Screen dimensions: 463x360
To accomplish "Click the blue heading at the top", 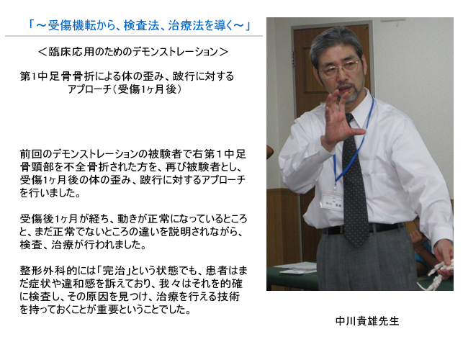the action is pos(139,26).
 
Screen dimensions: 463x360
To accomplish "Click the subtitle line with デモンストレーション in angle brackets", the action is pos(133,52).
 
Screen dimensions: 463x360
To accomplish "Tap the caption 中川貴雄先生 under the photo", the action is pos(367,321).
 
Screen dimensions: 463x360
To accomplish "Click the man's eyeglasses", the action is pos(340,69).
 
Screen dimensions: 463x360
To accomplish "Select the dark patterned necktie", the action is pos(355,183).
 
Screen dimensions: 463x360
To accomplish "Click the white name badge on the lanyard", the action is pos(332,202).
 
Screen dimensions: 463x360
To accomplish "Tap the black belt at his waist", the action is pos(363,228).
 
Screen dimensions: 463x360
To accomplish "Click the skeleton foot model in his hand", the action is pos(437,273).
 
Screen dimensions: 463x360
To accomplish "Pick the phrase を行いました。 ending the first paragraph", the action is pos(50,193).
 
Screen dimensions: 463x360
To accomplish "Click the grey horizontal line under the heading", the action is pos(134,36).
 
